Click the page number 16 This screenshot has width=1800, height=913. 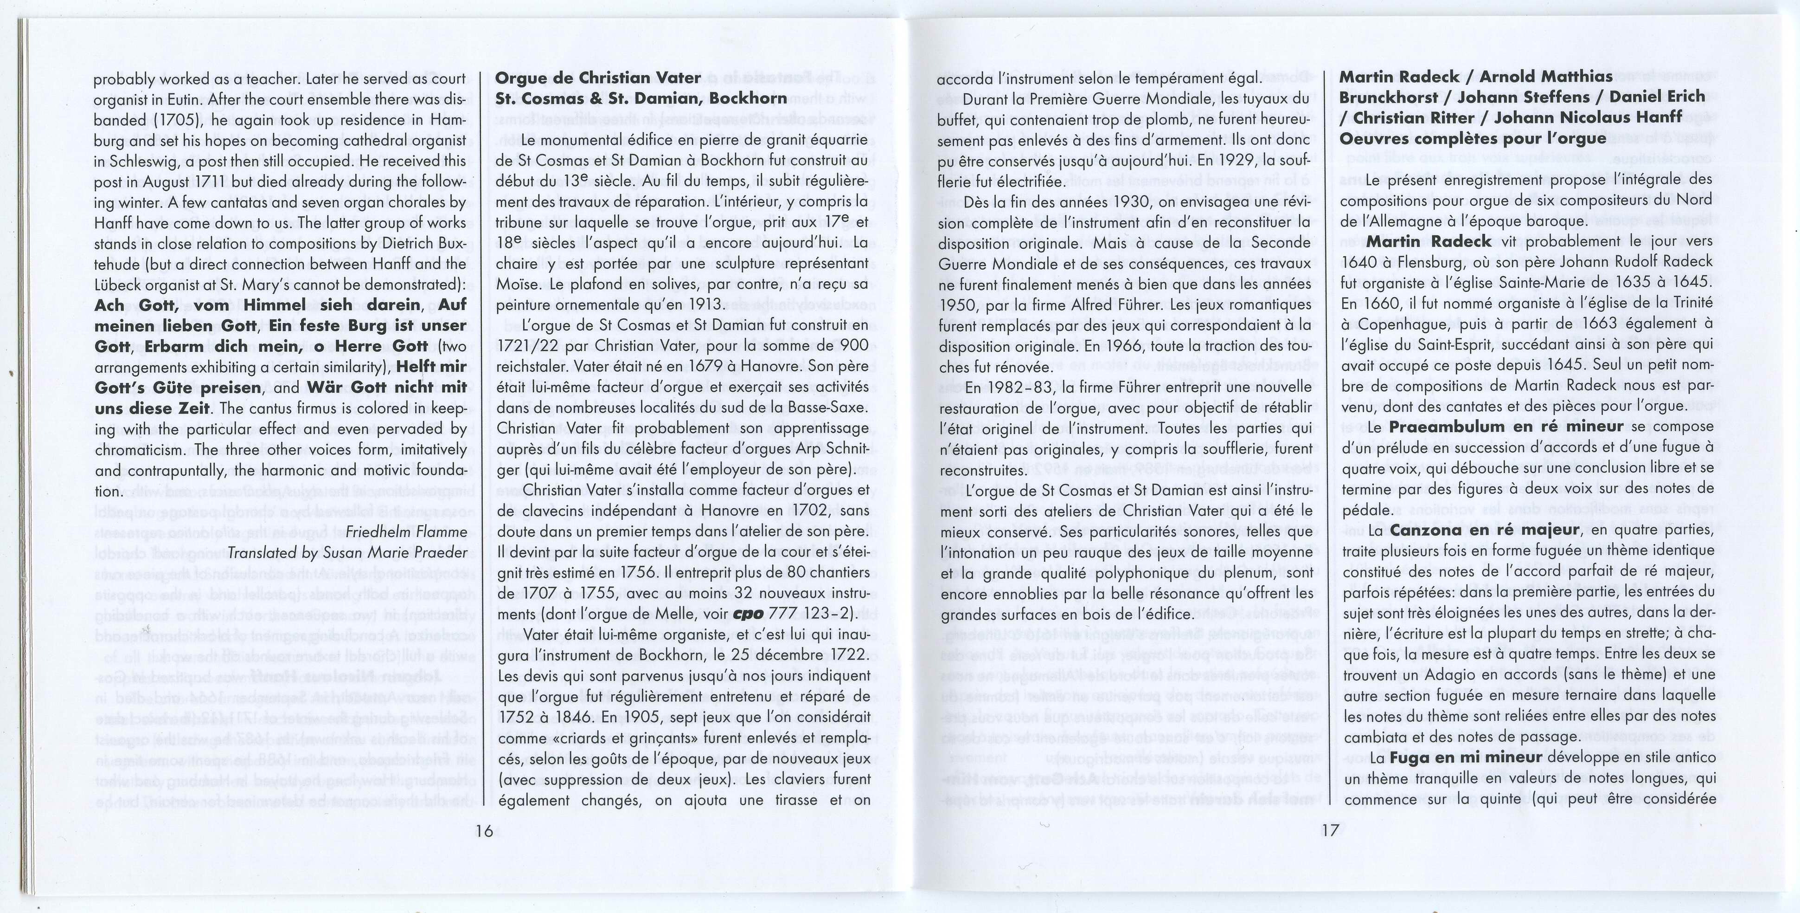(x=484, y=830)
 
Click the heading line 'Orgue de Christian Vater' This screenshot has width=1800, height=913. (x=598, y=78)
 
